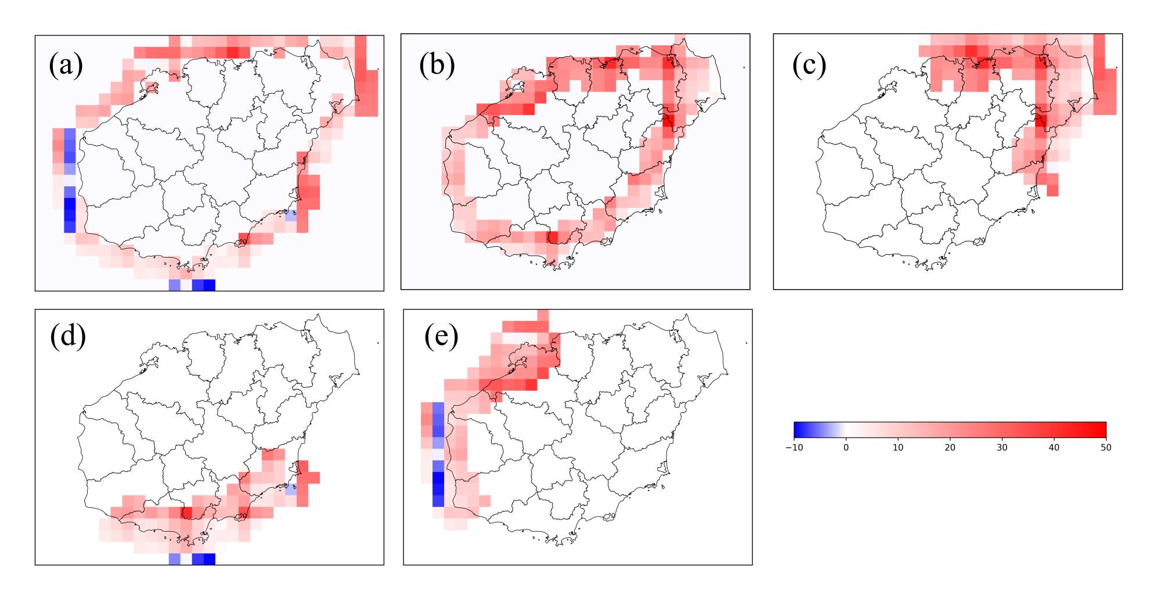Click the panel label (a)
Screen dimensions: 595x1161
point(66,65)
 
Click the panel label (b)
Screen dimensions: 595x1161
point(437,65)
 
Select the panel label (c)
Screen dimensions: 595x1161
point(809,65)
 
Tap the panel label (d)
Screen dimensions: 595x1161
point(68,336)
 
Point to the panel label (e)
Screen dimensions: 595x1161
point(441,336)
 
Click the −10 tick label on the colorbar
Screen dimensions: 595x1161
point(794,448)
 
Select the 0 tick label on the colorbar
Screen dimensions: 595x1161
point(846,448)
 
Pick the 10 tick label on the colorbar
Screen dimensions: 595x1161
point(898,448)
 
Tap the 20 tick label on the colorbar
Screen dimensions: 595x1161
point(950,448)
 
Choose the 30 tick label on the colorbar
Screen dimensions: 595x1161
point(1002,448)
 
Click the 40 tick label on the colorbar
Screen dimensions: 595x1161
point(1054,448)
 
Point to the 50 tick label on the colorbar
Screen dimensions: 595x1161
point(1106,448)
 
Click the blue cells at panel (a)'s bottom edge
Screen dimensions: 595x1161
point(203,285)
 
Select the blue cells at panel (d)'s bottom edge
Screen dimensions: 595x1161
point(203,559)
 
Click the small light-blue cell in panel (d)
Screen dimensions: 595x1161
point(291,489)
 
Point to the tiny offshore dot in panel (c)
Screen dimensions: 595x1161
point(1116,68)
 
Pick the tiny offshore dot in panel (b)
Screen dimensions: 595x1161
point(744,68)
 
